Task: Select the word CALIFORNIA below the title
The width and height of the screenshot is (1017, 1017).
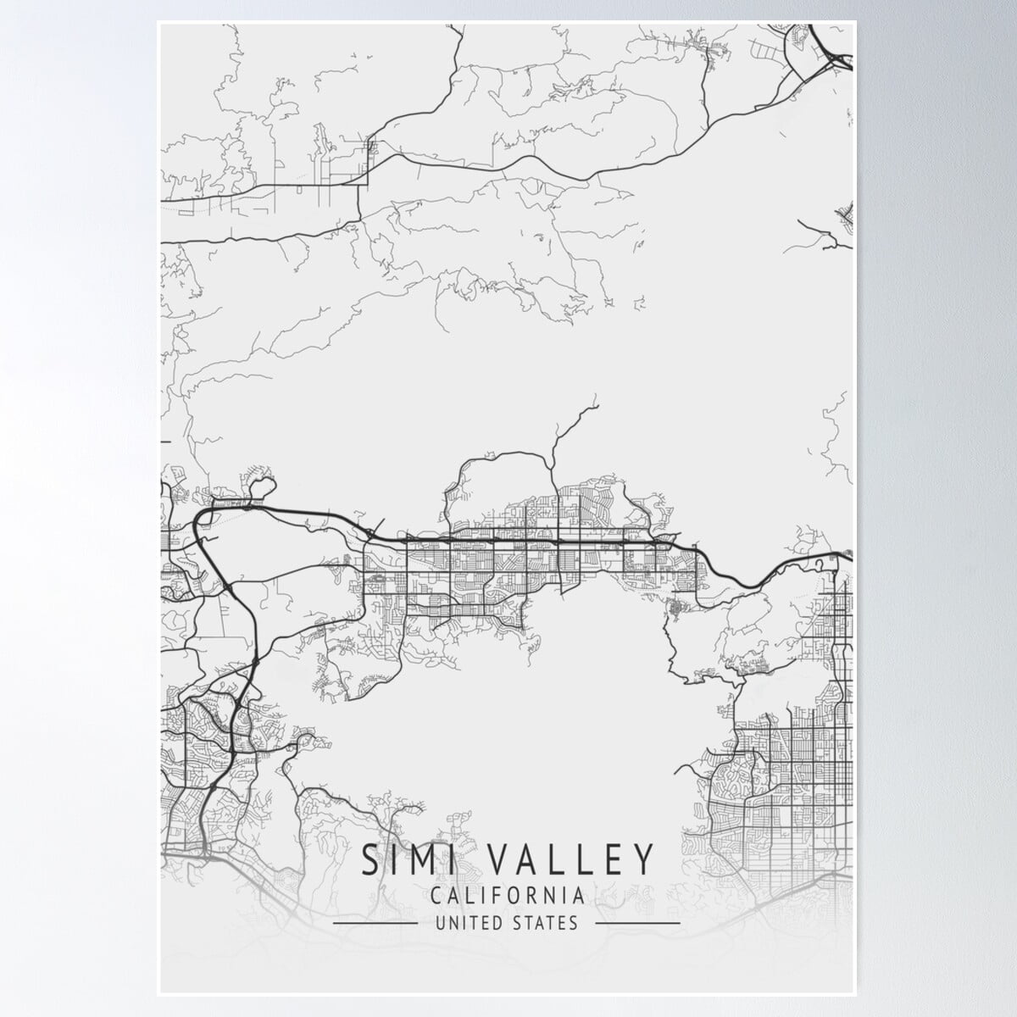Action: [x=507, y=895]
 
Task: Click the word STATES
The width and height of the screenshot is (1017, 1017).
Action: [x=546, y=923]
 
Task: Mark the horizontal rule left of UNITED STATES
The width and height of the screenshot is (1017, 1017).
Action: [x=375, y=923]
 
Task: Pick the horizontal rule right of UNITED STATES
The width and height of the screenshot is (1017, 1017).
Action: [x=637, y=923]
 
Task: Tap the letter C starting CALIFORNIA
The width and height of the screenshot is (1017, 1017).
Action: [x=436, y=895]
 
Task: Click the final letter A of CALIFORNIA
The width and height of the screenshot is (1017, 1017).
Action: [x=576, y=895]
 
